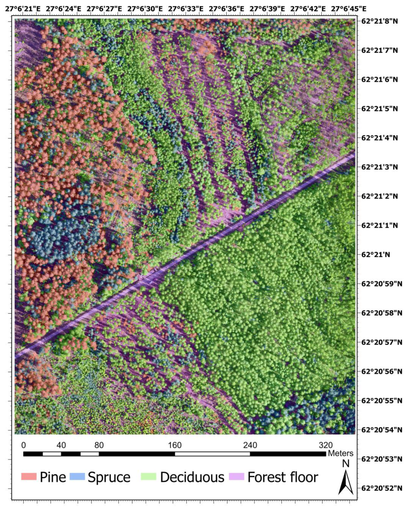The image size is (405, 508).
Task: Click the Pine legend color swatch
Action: (x=29, y=476)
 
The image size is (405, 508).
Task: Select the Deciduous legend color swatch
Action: (x=149, y=476)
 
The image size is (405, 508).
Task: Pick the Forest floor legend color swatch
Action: (x=236, y=476)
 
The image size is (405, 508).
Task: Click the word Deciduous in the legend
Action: (x=192, y=477)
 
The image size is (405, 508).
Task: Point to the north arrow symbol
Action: (x=346, y=482)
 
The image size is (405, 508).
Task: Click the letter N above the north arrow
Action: (x=346, y=463)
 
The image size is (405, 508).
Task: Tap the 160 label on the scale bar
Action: (x=175, y=445)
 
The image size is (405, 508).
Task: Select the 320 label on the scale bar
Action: (x=326, y=445)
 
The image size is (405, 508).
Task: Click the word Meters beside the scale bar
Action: (x=340, y=453)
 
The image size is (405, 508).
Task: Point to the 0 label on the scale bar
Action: (x=24, y=445)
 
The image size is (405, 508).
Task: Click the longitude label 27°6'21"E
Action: (x=23, y=9)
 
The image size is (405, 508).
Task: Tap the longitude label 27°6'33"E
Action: (x=186, y=9)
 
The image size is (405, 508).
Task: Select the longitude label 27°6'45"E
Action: (x=349, y=9)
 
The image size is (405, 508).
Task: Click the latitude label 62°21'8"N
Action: (x=379, y=21)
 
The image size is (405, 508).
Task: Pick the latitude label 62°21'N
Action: (x=375, y=255)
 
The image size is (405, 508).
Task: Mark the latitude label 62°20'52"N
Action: (x=381, y=488)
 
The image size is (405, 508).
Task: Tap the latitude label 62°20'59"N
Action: (x=381, y=284)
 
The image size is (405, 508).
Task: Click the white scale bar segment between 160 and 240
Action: (x=212, y=454)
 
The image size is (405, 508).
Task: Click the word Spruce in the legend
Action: (x=109, y=477)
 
